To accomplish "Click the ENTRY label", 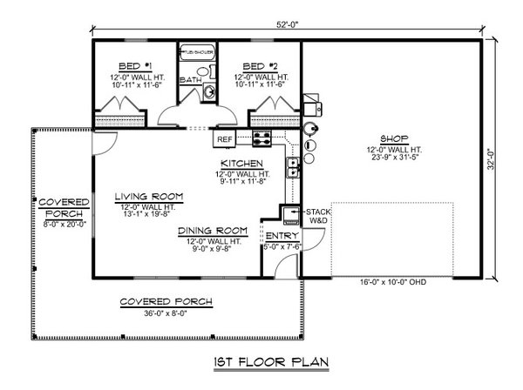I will click(282, 235).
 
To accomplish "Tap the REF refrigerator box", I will click(224, 138).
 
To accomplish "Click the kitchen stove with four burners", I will click(262, 138).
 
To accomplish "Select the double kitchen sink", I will click(295, 163).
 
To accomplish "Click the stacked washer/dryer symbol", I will click(289, 215).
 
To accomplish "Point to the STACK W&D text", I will click(315, 215).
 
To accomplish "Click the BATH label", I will click(190, 81).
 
